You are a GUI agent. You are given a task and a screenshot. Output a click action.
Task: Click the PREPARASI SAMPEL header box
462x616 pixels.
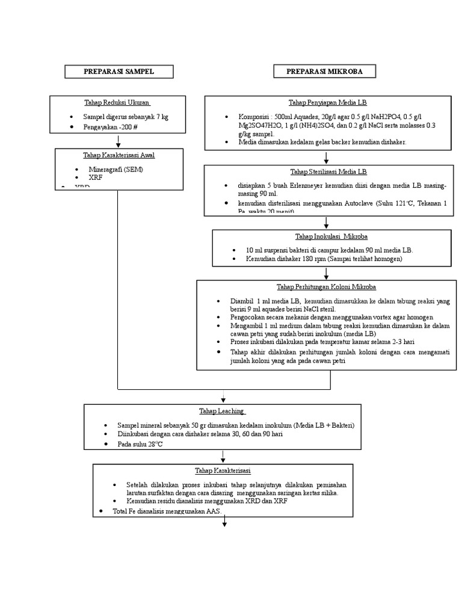tap(119, 72)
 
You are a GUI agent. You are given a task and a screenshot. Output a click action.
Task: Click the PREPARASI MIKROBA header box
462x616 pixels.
tap(324, 72)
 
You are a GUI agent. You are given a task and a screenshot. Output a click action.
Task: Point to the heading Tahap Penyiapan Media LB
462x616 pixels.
tap(327, 103)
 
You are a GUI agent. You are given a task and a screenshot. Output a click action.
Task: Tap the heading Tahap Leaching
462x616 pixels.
tap(222, 411)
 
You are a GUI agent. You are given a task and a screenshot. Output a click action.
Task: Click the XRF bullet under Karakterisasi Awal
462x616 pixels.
tap(96, 179)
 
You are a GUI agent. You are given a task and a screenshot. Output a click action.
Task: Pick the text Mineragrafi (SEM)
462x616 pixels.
tap(116, 170)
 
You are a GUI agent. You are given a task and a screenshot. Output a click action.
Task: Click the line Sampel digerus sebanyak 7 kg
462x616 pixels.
tap(126, 117)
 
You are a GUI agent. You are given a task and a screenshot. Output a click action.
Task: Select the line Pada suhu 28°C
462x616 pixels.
tap(141, 444)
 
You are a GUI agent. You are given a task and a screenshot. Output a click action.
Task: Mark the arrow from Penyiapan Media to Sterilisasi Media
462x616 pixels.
tap(326, 158)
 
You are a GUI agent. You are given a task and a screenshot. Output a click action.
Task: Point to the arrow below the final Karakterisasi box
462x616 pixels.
tap(224, 522)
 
